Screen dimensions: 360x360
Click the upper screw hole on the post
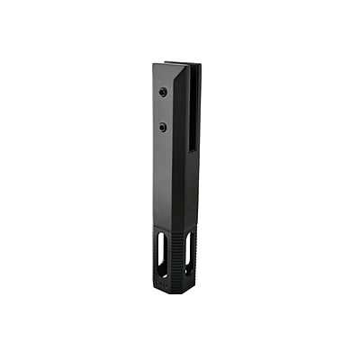tap(163, 92)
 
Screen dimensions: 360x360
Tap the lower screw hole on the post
tap(163, 126)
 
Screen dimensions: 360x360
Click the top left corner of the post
tap(153, 64)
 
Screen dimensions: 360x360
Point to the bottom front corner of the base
tap(174, 291)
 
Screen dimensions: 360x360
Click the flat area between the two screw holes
tap(163, 109)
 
